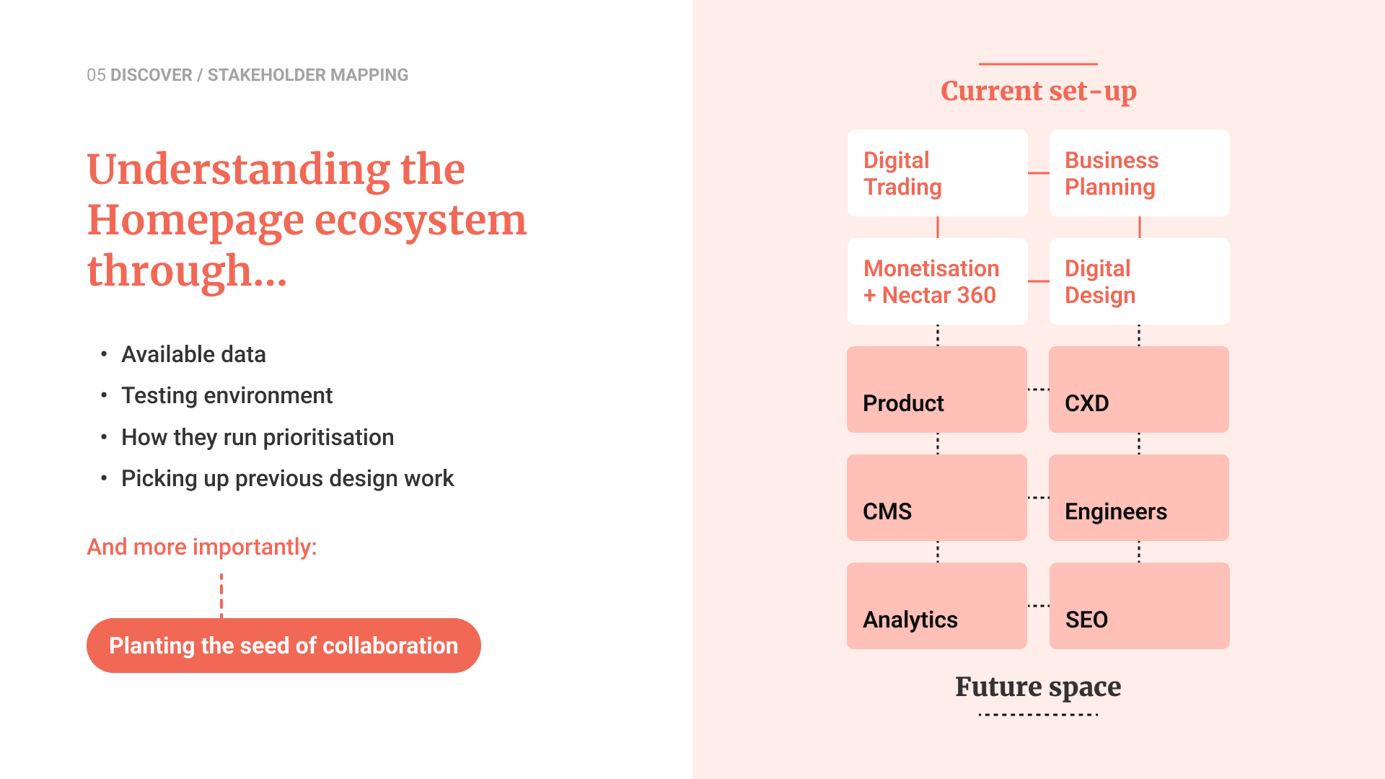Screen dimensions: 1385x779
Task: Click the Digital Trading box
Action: [x=937, y=173]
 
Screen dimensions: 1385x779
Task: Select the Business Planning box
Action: [x=1139, y=173]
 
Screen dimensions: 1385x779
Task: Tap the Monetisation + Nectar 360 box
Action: [x=937, y=281]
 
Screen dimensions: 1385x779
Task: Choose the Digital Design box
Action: [x=1139, y=281]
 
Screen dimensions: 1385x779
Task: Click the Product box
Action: [x=937, y=389]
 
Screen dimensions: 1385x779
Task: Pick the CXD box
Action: [x=1139, y=389]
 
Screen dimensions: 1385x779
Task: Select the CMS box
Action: [x=937, y=498]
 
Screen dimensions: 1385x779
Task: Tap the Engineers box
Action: [x=1139, y=498]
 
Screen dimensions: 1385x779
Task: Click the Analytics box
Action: [x=937, y=606]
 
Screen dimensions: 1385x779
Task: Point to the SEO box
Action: [x=1139, y=606]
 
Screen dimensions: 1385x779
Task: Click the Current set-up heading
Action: [x=1039, y=92]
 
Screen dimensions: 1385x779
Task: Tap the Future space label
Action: [x=1038, y=687]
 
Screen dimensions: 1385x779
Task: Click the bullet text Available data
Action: [x=193, y=354]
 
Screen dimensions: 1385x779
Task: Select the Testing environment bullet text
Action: [x=227, y=396]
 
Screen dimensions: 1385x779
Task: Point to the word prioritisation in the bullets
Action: [x=328, y=438]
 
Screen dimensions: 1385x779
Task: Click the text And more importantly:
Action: [x=202, y=547]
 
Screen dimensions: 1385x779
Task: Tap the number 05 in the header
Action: [x=96, y=75]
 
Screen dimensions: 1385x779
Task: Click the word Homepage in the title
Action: [x=195, y=221]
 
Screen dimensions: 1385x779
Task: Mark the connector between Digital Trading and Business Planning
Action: [x=1038, y=173]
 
